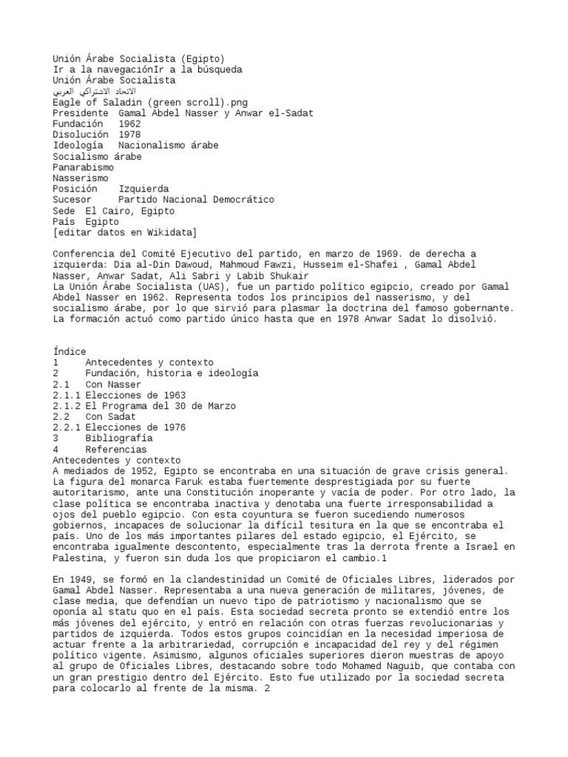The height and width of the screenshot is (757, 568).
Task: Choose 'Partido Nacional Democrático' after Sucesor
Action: point(196,200)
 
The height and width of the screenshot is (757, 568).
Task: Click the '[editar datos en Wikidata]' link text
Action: point(125,232)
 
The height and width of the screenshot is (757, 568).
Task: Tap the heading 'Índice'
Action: point(70,351)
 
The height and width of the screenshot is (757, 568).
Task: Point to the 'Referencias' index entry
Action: point(116,449)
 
